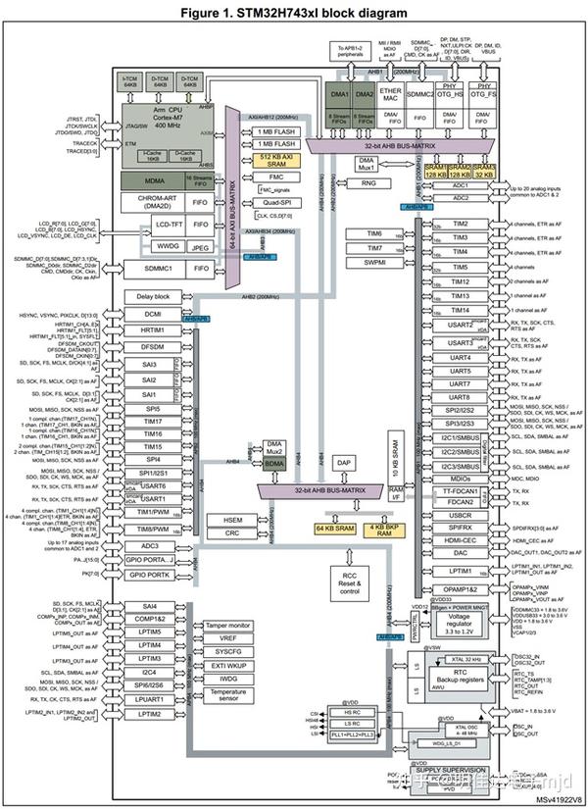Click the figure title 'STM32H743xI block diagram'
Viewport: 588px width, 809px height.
[x=294, y=11]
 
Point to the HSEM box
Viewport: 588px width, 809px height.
[x=233, y=520]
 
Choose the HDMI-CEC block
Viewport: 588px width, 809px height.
[x=460, y=539]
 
